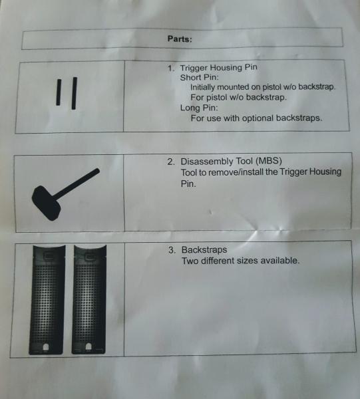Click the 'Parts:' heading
pos(180,39)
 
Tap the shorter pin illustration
pos(59,92)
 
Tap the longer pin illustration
pos(74,93)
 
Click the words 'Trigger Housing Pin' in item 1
pos(218,68)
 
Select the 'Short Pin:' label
pos(200,77)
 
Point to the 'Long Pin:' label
pos(199,108)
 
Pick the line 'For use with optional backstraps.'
pos(256,118)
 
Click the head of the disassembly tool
pos(47,203)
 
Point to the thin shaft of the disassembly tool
pos(77,183)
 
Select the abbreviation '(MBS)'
pos(269,161)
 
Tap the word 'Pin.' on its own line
pos(188,184)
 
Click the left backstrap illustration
pos(47,299)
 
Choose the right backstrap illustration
pos(89,299)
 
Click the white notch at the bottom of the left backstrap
pos(46,347)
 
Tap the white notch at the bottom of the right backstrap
pos(89,346)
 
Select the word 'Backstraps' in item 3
pos(204,249)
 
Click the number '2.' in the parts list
pos(171,162)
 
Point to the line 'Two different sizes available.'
pos(240,261)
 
